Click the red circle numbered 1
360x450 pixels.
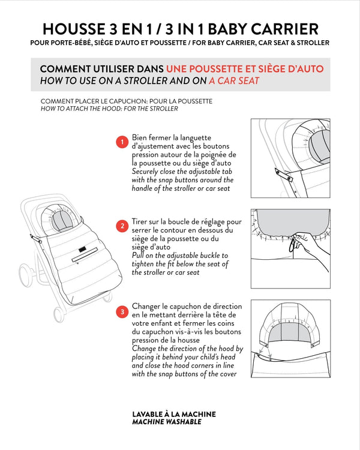click(x=121, y=142)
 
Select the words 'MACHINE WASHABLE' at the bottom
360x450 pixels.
click(x=166, y=422)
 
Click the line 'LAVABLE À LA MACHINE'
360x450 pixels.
click(x=173, y=414)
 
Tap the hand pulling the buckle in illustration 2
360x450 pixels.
click(x=310, y=246)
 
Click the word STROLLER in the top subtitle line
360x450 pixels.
click(x=311, y=43)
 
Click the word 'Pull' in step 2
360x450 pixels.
click(x=139, y=256)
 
